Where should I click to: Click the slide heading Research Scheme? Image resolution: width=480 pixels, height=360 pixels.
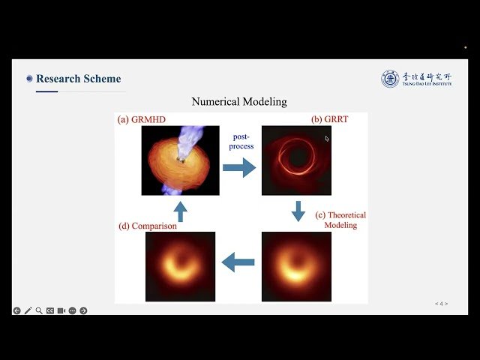(x=78, y=79)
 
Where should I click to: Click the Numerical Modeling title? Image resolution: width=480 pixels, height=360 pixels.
(x=239, y=101)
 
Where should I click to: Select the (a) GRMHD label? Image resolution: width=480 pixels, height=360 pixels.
(x=141, y=119)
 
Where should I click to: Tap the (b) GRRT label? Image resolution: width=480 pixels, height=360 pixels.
(x=329, y=119)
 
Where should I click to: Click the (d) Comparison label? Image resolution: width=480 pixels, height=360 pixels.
(x=148, y=226)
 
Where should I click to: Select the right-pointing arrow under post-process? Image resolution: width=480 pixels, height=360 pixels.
(x=239, y=168)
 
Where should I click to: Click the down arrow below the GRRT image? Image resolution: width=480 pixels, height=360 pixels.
(x=298, y=211)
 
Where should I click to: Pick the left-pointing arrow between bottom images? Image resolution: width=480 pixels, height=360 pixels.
(x=238, y=262)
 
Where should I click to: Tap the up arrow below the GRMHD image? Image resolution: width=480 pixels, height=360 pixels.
(x=180, y=211)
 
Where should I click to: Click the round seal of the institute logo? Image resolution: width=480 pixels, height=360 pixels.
(x=390, y=79)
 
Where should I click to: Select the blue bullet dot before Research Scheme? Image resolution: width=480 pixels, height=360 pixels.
(x=29, y=79)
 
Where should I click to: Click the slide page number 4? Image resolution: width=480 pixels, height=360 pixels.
(x=442, y=304)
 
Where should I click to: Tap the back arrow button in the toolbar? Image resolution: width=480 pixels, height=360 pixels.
(x=16, y=310)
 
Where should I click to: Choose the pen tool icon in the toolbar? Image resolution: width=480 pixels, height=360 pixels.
(x=28, y=310)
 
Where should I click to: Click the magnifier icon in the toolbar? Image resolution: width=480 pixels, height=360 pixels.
(x=39, y=310)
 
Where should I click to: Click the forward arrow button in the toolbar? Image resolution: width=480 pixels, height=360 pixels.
(x=83, y=310)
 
